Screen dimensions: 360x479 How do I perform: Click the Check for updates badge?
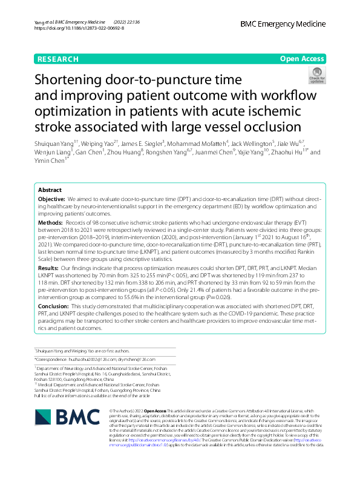click(x=316, y=75)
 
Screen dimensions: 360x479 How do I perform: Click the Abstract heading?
click(x=50, y=190)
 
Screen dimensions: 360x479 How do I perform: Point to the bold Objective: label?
click(x=51, y=199)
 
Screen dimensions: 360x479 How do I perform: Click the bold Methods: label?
click(x=50, y=223)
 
